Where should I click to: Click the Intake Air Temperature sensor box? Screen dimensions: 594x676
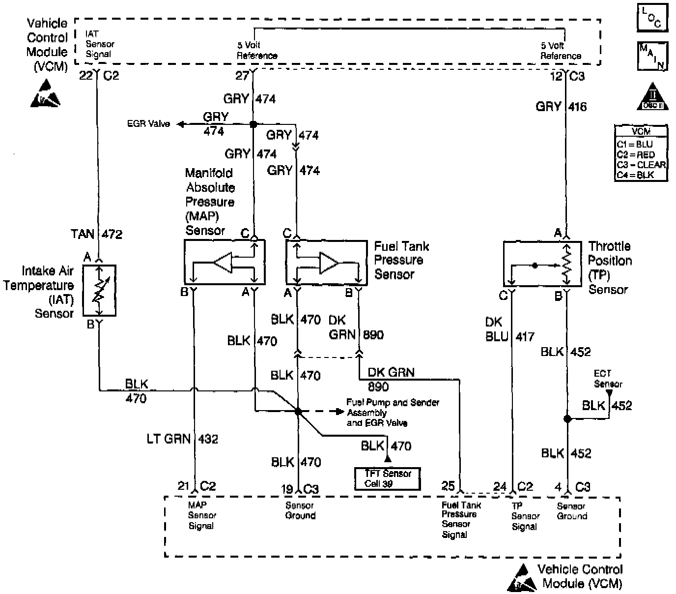pos(99,290)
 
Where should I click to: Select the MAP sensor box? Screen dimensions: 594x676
pos(225,262)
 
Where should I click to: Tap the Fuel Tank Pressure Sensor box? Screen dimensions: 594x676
pos(327,262)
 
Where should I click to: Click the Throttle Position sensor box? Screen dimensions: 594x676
pos(539,263)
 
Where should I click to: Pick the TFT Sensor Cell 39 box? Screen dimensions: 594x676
pos(388,478)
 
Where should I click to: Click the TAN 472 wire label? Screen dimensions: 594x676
pos(96,234)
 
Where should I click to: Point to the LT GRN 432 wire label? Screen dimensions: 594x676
pos(182,439)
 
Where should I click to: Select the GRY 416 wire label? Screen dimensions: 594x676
pos(561,107)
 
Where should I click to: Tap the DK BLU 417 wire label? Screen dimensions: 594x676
pos(508,329)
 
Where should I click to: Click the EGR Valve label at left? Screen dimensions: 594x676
pos(148,124)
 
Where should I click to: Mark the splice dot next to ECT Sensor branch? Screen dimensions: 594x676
pos(567,419)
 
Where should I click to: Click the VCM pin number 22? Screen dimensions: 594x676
pos(86,76)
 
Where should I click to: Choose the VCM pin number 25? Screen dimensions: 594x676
pos(448,486)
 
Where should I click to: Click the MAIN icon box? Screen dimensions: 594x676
pos(652,56)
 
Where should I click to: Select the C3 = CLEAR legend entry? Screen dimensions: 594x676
pos(641,165)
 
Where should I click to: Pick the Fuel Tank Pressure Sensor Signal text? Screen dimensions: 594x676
pos(461,519)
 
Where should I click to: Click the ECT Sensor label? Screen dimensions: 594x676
pos(608,379)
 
